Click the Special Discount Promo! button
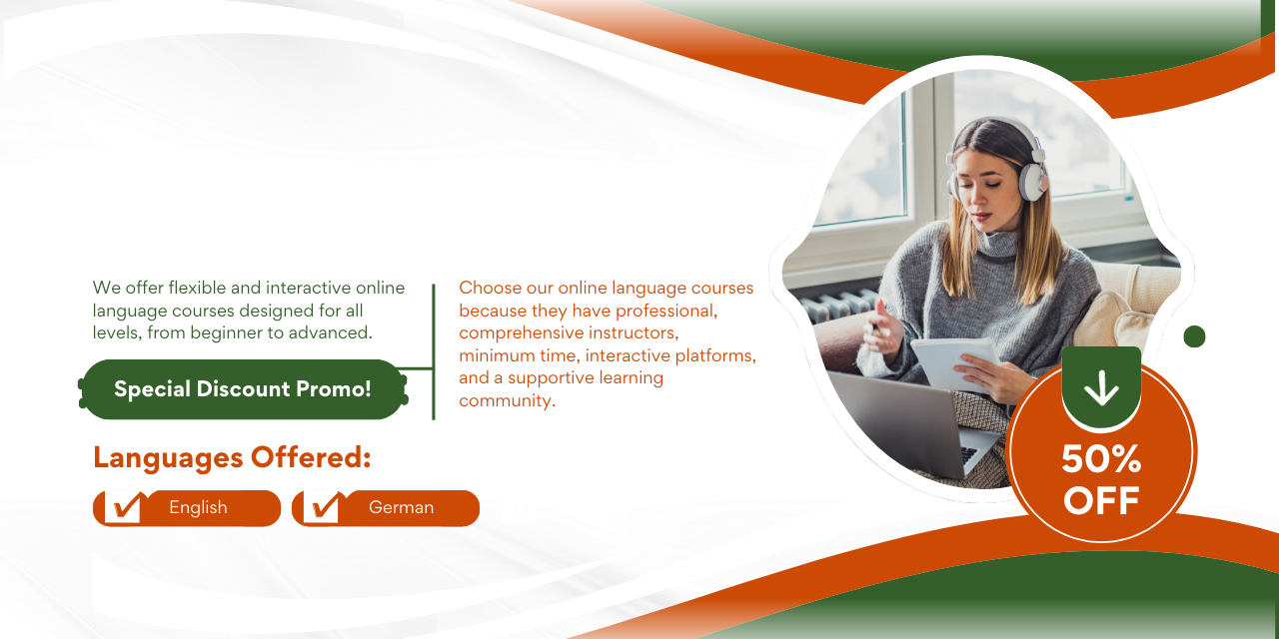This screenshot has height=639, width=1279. tap(243, 389)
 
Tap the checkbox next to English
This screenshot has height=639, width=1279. tap(124, 507)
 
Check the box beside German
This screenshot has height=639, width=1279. tap(322, 507)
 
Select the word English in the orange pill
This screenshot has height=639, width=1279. tap(198, 507)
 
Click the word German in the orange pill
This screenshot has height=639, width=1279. tap(401, 507)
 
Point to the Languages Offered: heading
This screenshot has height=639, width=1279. tap(232, 457)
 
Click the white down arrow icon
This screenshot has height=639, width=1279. tap(1101, 388)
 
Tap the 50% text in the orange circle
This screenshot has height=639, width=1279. tap(1101, 458)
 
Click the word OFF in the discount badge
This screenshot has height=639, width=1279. tap(1101, 501)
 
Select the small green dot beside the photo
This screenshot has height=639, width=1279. tap(1194, 336)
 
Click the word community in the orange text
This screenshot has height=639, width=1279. tap(507, 400)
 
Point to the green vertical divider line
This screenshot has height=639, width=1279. tap(434, 352)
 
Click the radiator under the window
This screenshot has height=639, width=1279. tap(839, 306)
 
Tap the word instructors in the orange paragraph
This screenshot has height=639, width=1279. tap(634, 332)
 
